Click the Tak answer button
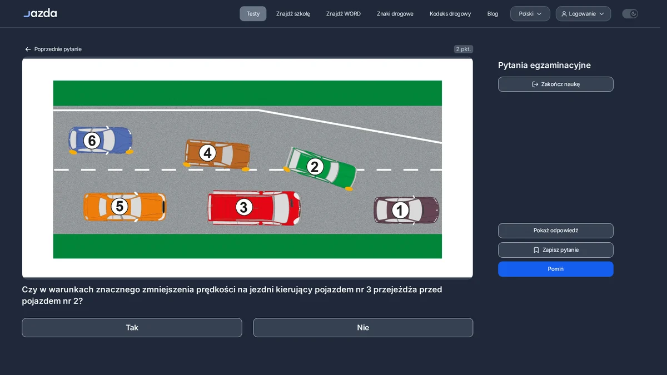[132, 327]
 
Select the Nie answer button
[363, 327]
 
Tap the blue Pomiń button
[556, 269]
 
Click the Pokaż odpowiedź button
[556, 231]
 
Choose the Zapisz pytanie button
[556, 250]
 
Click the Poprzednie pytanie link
[53, 49]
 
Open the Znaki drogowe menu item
[395, 14]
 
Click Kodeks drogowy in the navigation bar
[450, 14]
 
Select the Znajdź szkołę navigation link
[293, 14]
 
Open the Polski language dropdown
[530, 14]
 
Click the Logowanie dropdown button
[583, 14]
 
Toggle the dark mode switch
[630, 14]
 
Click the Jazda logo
[40, 13]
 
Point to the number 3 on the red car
[243, 207]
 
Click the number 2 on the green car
[315, 167]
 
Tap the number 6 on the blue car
[92, 141]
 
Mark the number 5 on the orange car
[120, 206]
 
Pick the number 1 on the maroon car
[400, 210]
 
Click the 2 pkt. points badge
[464, 49]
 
